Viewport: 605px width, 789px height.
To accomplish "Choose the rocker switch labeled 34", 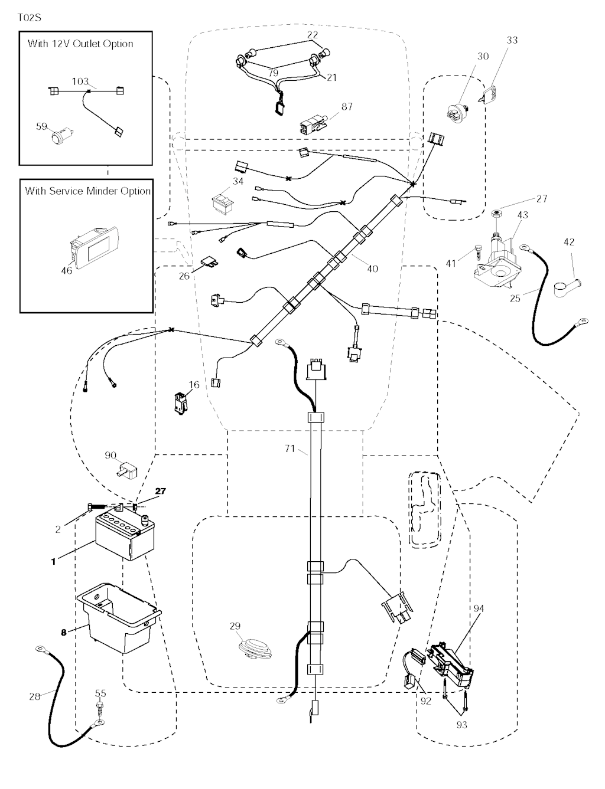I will [x=226, y=200].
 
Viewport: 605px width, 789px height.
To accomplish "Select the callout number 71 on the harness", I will [x=290, y=449].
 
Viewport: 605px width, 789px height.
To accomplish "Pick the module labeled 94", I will [x=453, y=664].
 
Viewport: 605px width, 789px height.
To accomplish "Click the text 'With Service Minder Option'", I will [x=87, y=191].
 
